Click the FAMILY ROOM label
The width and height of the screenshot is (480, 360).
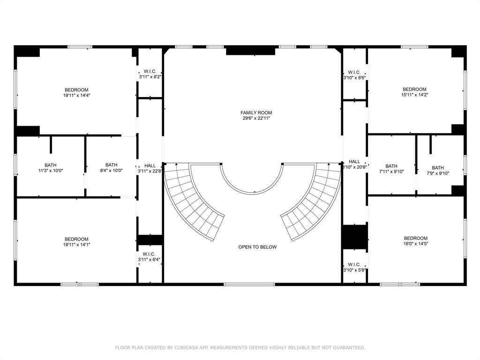click(x=256, y=112)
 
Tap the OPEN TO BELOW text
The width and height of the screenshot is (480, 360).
click(x=257, y=247)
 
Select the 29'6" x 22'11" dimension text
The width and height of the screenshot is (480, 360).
click(x=256, y=118)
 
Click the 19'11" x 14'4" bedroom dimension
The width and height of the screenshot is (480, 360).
click(x=76, y=95)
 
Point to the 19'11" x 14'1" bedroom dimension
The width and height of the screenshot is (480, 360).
click(x=76, y=245)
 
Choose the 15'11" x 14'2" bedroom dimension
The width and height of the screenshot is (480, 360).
click(x=414, y=95)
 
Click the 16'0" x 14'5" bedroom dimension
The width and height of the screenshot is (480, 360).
click(x=415, y=244)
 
